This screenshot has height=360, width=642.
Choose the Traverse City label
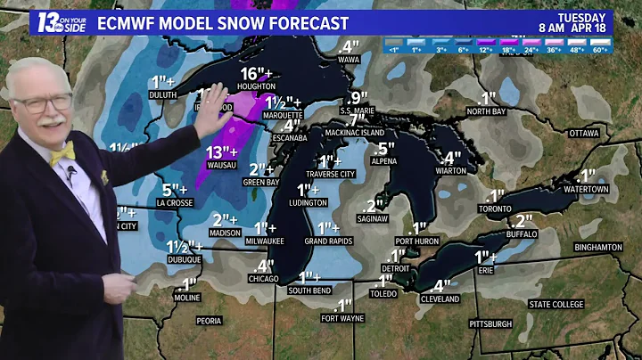click(x=330, y=174)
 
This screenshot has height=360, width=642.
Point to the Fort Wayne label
click(x=342, y=318)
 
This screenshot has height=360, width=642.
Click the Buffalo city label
click(x=523, y=233)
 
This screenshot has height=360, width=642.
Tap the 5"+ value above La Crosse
click(x=174, y=189)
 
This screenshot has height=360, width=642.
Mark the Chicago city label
click(x=264, y=279)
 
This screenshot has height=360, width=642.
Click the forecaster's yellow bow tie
click(x=62, y=153)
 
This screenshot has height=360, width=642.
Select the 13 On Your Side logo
click(x=62, y=22)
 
